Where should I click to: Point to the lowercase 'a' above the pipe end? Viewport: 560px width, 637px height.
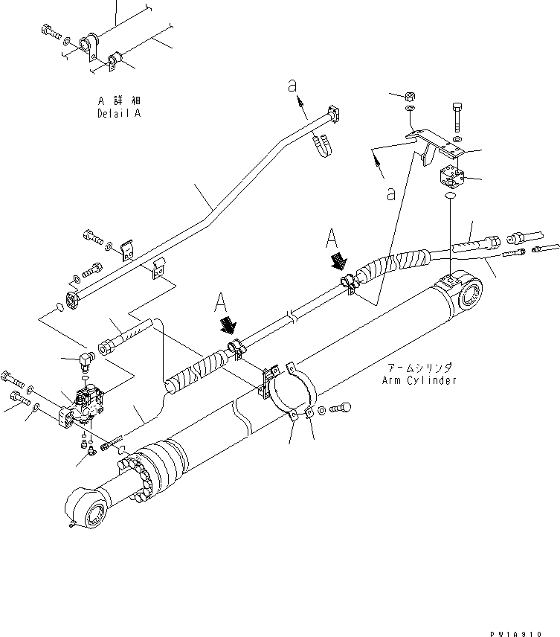tap(294, 87)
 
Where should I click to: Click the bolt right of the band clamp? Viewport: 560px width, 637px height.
tap(341, 406)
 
